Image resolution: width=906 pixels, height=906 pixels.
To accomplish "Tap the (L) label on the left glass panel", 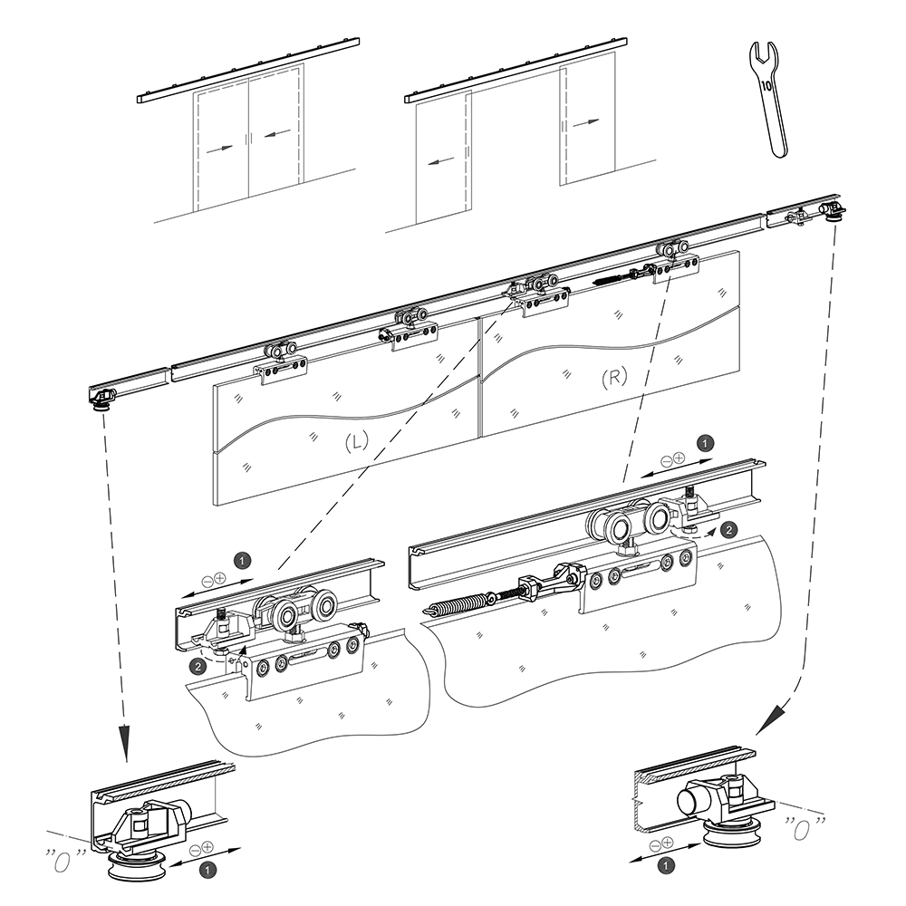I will coord(355,441).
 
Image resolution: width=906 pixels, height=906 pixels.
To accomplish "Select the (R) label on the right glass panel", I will coord(614,378).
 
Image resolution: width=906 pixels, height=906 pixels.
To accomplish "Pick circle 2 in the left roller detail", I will coord(197,667).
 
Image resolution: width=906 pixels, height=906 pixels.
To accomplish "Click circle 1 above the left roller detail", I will coord(241,558).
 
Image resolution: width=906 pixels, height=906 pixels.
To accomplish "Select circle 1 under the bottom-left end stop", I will coord(208,869).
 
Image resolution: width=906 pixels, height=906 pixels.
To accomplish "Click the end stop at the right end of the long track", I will coord(831,210).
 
